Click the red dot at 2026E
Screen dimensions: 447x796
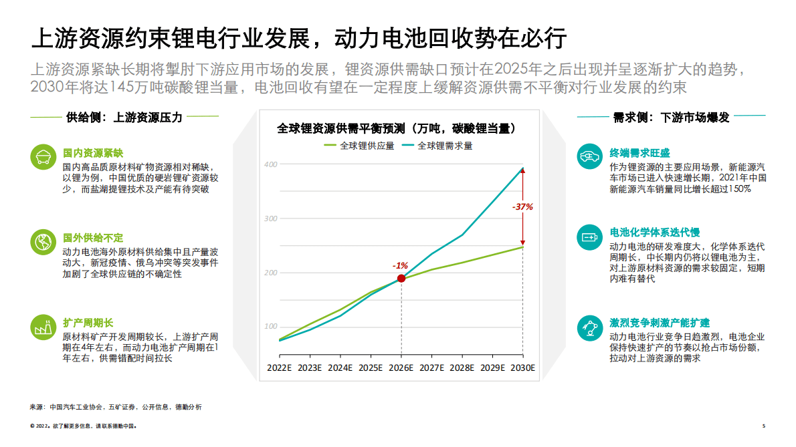(x=401, y=278)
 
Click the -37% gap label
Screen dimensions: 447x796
(x=522, y=206)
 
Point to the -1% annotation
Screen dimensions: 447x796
(x=400, y=266)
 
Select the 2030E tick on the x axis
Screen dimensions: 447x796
(x=522, y=367)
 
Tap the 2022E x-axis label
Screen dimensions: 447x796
(x=279, y=367)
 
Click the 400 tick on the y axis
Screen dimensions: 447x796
(x=270, y=164)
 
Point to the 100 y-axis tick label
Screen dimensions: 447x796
(x=270, y=326)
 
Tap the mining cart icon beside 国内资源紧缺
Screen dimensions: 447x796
(x=43, y=157)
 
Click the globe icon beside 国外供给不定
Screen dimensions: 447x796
(x=43, y=241)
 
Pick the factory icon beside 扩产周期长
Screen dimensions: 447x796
(x=43, y=327)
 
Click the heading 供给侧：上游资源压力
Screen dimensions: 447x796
(x=124, y=118)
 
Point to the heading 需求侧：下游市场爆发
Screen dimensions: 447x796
(x=672, y=118)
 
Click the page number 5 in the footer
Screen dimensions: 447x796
(x=763, y=426)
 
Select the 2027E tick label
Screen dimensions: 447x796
(x=431, y=367)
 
